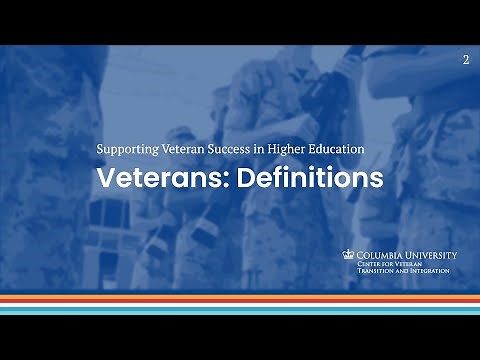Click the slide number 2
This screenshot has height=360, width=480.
click(466, 61)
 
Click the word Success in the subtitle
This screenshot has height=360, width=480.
click(227, 149)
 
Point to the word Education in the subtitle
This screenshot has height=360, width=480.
click(337, 149)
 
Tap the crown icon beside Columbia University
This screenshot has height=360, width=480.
click(349, 255)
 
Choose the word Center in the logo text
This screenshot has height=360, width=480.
click(370, 264)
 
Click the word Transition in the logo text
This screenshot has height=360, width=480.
click(376, 271)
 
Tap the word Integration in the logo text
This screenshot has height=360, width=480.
click(428, 271)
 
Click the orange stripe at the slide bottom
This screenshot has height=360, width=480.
click(240, 296)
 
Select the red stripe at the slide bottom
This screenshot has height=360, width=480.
click(240, 301)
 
